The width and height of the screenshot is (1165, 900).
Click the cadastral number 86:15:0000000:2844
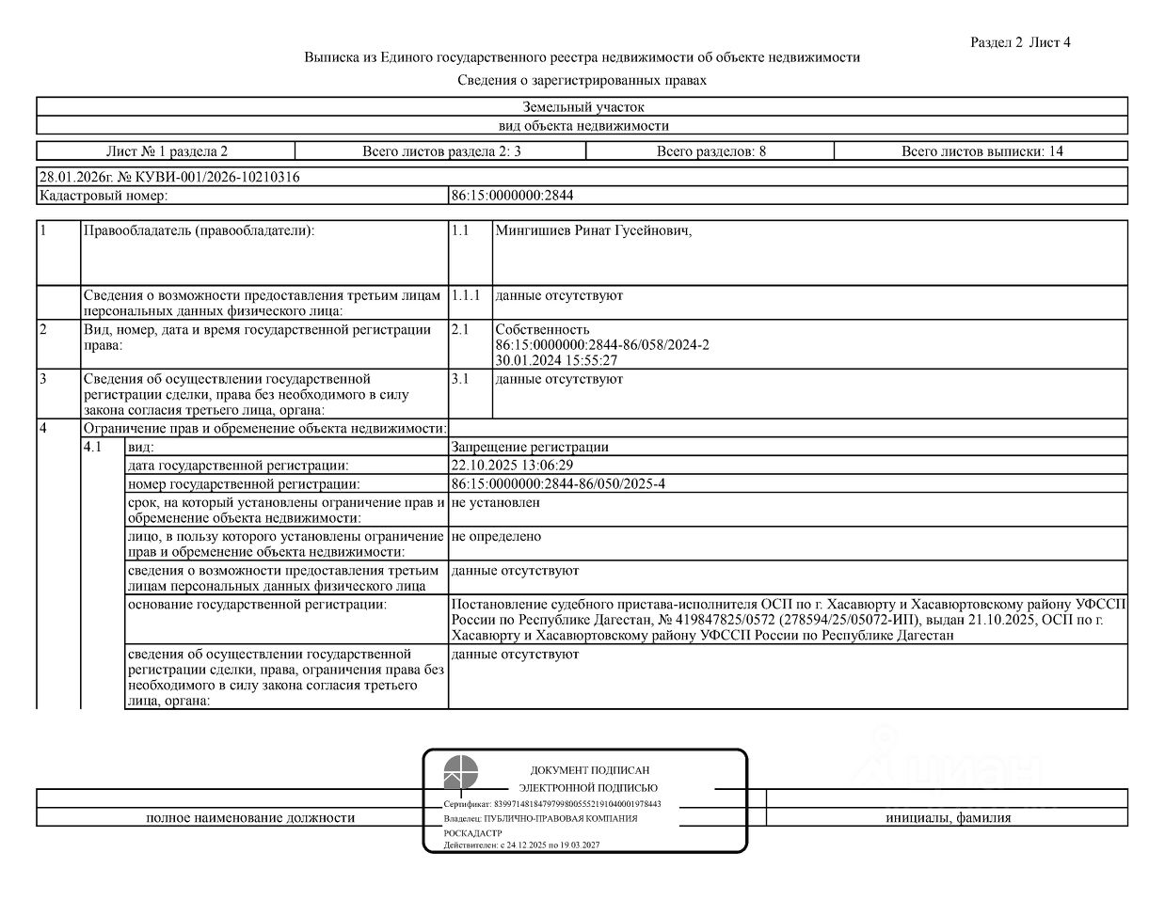pyautogui.click(x=512, y=196)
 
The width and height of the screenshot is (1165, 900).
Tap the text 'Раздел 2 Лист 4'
pyautogui.click(x=1020, y=42)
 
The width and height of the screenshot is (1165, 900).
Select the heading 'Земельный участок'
pyautogui.click(x=582, y=107)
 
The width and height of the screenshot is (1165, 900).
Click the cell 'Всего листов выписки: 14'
pyautogui.click(x=981, y=150)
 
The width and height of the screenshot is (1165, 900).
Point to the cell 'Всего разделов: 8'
pyautogui.click(x=710, y=150)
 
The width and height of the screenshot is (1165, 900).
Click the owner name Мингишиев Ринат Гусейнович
pyautogui.click(x=593, y=231)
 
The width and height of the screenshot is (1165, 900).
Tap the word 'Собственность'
pyautogui.click(x=542, y=329)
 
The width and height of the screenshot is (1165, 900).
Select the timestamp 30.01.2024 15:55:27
pyautogui.click(x=556, y=360)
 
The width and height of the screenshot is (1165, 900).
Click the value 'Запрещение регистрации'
pyautogui.click(x=530, y=448)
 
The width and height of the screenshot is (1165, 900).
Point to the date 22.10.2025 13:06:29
pyautogui.click(x=512, y=466)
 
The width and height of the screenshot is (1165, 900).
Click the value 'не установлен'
pyautogui.click(x=495, y=503)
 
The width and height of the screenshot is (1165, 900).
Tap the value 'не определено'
pyautogui.click(x=496, y=537)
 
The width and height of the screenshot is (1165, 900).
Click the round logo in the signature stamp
pyautogui.click(x=461, y=772)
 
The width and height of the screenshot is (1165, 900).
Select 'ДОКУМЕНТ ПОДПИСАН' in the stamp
pyautogui.click(x=589, y=770)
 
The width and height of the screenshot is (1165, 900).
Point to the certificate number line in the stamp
pyautogui.click(x=552, y=804)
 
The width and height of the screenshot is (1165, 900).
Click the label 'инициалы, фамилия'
pyautogui.click(x=948, y=818)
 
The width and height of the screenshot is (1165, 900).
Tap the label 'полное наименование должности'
pyautogui.click(x=250, y=818)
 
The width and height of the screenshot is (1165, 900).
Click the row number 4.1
pyautogui.click(x=92, y=448)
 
